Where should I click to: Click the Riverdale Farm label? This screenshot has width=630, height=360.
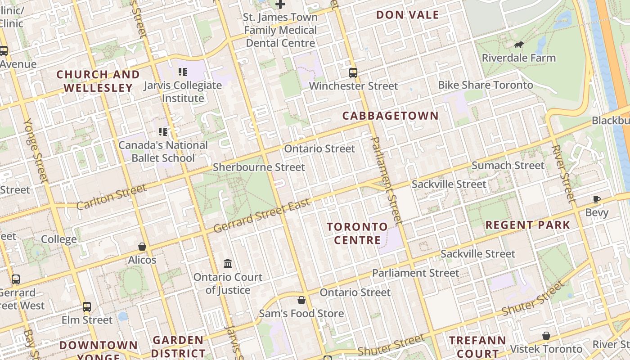coord(518,58)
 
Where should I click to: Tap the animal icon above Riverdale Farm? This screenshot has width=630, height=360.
coord(518,45)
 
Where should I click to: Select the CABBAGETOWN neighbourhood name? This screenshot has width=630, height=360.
coord(390,116)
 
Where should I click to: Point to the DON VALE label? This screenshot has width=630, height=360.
coord(407,15)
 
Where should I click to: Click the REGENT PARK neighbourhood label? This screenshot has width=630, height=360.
coord(527,225)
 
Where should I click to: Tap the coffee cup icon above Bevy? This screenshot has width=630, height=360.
coord(597,199)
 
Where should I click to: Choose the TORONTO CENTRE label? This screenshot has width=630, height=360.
coord(357,233)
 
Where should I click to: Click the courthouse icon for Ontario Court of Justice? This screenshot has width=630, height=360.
coord(228,263)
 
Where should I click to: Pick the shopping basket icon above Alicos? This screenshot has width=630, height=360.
coord(142,247)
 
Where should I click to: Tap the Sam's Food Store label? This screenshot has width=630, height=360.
coord(301,314)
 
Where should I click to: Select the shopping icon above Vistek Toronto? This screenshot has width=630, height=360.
coord(546,336)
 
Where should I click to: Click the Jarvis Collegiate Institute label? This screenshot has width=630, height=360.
coord(183,91)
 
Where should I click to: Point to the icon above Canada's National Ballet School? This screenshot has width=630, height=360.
coord(163,132)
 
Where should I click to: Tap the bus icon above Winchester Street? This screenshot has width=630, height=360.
coord(353,72)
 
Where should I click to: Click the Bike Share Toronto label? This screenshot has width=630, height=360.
coord(485,85)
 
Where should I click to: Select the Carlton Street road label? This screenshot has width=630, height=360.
coord(111,197)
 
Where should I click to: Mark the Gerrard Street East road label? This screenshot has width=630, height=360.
coord(262,216)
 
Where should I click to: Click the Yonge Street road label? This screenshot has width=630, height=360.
coord(36,151)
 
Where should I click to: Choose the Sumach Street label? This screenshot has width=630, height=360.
coord(508,166)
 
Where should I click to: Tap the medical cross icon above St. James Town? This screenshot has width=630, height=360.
coord(280,4)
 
